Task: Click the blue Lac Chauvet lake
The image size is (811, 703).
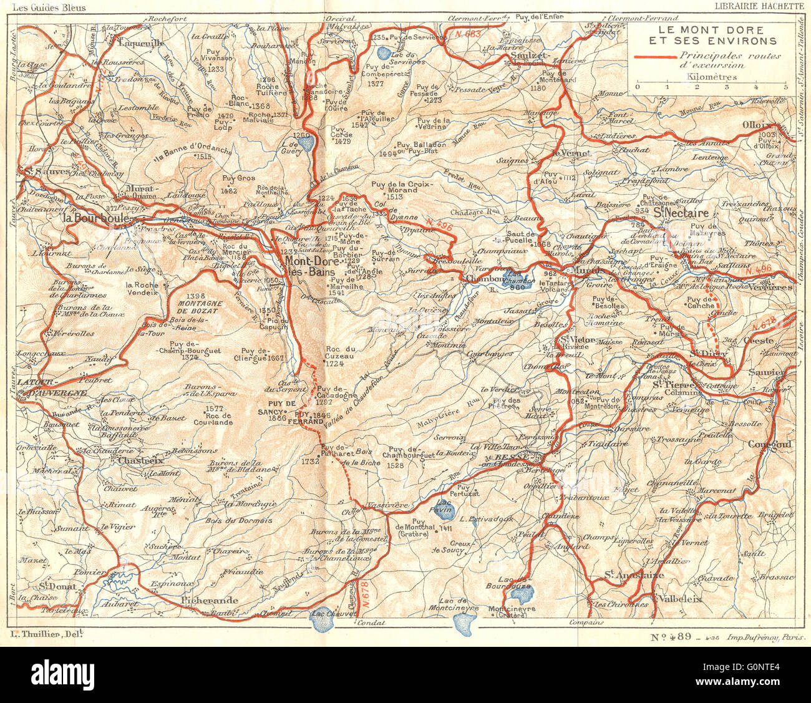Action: [x=324, y=615]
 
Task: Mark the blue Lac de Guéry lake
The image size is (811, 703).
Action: [x=306, y=144]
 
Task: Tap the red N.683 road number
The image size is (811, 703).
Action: [x=467, y=33]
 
